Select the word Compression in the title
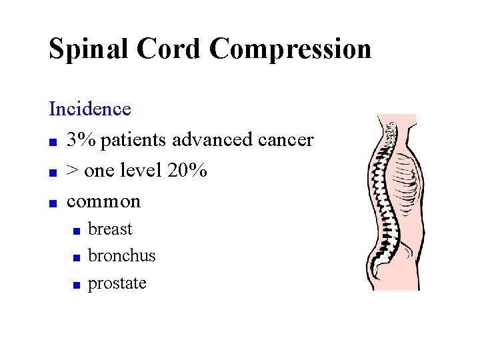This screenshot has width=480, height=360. (290, 49)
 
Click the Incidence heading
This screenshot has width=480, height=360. (89, 108)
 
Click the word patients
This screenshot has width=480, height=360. (134, 140)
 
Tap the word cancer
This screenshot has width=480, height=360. (285, 140)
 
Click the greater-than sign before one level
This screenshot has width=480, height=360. (73, 171)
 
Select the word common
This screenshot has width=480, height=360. (104, 201)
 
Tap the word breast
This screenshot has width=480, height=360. (110, 229)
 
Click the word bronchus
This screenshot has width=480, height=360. (121, 255)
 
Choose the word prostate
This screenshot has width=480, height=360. (117, 283)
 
